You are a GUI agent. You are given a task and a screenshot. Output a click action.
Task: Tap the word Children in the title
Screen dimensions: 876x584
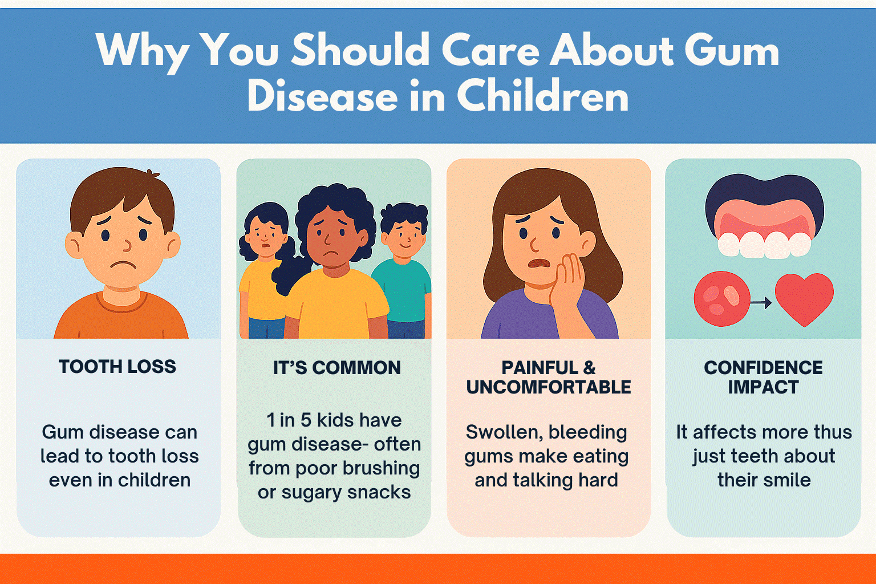[542, 96]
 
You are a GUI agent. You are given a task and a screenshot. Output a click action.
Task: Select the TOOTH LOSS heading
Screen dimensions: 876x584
[117, 367]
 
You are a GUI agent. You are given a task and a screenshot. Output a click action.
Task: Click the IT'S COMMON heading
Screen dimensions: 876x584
[336, 368]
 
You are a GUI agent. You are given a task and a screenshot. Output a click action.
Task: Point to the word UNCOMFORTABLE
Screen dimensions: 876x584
[549, 387]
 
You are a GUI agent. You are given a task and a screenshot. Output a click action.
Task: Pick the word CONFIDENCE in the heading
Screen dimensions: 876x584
[764, 368]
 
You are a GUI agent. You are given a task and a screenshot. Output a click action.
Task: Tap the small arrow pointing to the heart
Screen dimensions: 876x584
[761, 302]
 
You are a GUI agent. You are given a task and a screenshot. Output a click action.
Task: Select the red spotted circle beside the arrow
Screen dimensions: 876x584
[722, 299]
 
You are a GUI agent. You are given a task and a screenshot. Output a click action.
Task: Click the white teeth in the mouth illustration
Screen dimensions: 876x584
[764, 245]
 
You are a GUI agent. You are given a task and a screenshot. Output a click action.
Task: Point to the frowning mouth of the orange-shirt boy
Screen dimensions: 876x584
[123, 265]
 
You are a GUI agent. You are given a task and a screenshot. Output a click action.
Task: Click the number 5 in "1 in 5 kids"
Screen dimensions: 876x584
[306, 420]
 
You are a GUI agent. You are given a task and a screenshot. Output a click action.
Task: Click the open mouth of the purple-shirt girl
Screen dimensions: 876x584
[539, 263]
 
